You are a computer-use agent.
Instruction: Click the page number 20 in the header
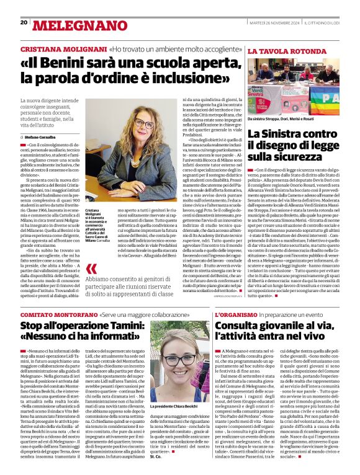click(x=24, y=22)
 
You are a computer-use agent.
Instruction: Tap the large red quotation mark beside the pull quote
click(x=91, y=269)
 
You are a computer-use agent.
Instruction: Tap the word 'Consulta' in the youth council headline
click(x=238, y=326)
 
